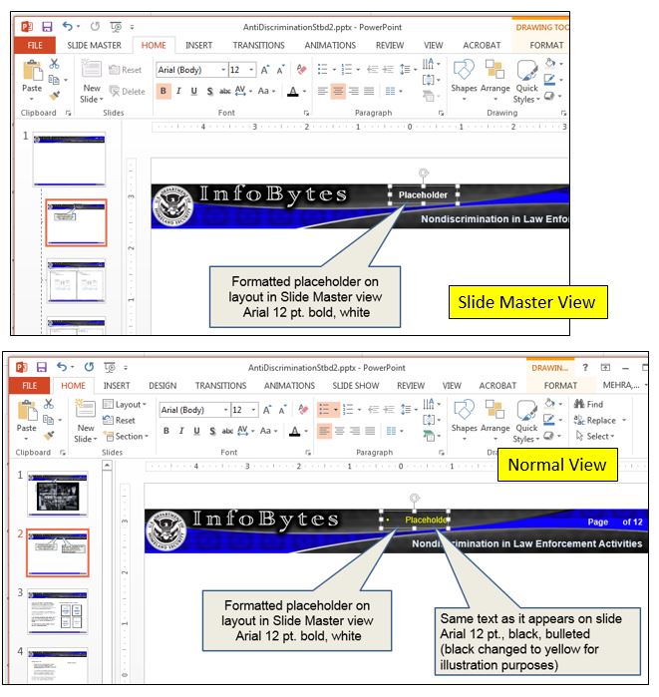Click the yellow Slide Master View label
point(525,301)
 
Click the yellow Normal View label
point(556,465)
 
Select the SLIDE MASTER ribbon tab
point(95,45)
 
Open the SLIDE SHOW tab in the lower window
point(354,386)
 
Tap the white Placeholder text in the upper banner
point(424,194)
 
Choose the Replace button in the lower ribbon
point(595,420)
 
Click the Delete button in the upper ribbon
point(127,91)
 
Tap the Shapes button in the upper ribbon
point(464,78)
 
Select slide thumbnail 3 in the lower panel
point(58,611)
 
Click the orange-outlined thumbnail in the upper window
point(76,222)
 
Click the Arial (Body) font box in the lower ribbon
point(191,410)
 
